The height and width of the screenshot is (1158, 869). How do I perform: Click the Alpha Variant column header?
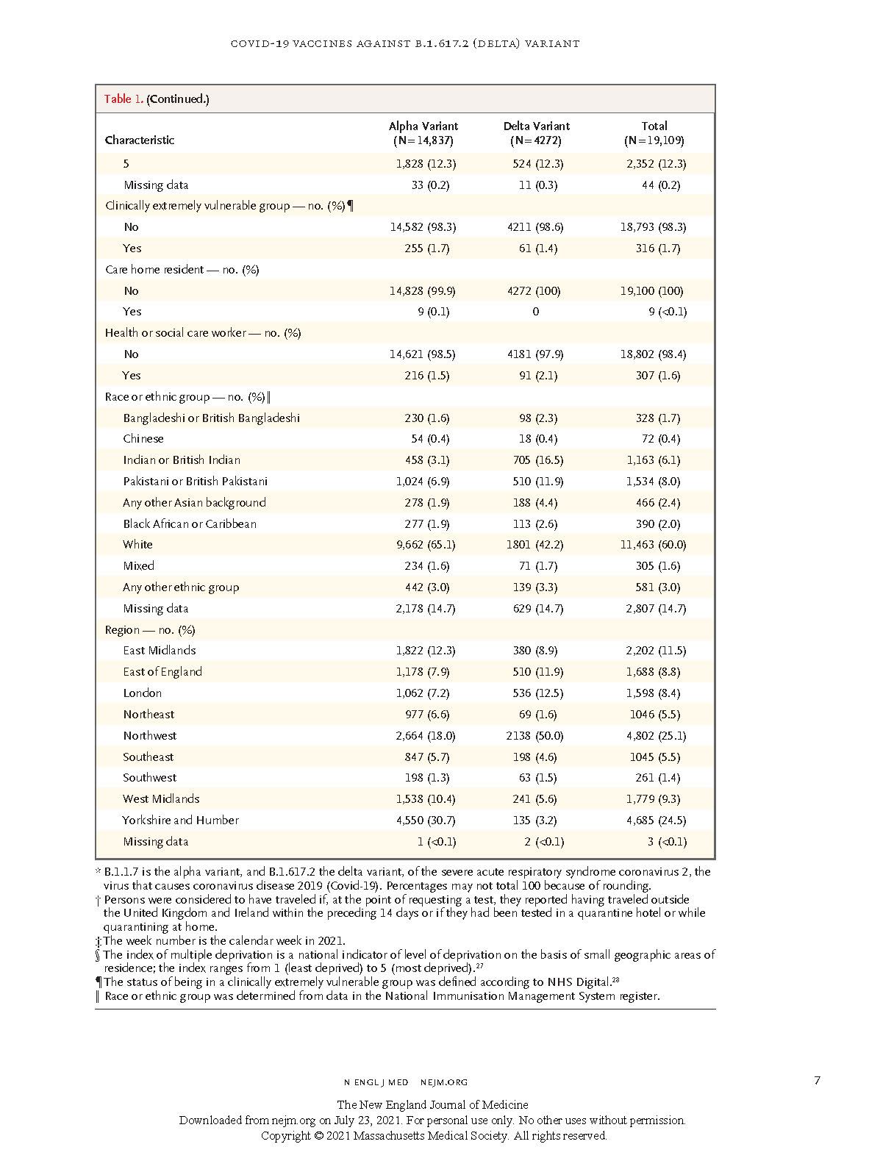[423, 133]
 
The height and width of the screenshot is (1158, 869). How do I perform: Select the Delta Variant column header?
[536, 133]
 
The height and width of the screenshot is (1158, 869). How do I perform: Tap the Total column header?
[654, 133]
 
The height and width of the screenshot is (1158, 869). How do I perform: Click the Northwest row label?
[150, 735]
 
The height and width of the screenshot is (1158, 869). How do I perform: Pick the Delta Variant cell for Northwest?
[534, 735]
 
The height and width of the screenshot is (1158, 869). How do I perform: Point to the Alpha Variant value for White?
[426, 545]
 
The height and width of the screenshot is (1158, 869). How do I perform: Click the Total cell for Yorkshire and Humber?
[656, 821]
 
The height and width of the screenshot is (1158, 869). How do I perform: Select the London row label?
[143, 693]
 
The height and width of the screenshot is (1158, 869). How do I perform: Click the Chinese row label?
[143, 438]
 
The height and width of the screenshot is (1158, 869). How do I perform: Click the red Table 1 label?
[124, 99]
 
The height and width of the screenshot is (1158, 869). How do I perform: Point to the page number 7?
[817, 1081]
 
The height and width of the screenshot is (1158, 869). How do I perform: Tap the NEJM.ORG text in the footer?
[443, 1082]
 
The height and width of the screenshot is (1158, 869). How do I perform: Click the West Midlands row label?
[161, 798]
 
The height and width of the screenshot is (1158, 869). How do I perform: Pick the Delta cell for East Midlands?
[534, 651]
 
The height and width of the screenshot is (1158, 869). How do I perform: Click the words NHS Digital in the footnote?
[578, 982]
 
